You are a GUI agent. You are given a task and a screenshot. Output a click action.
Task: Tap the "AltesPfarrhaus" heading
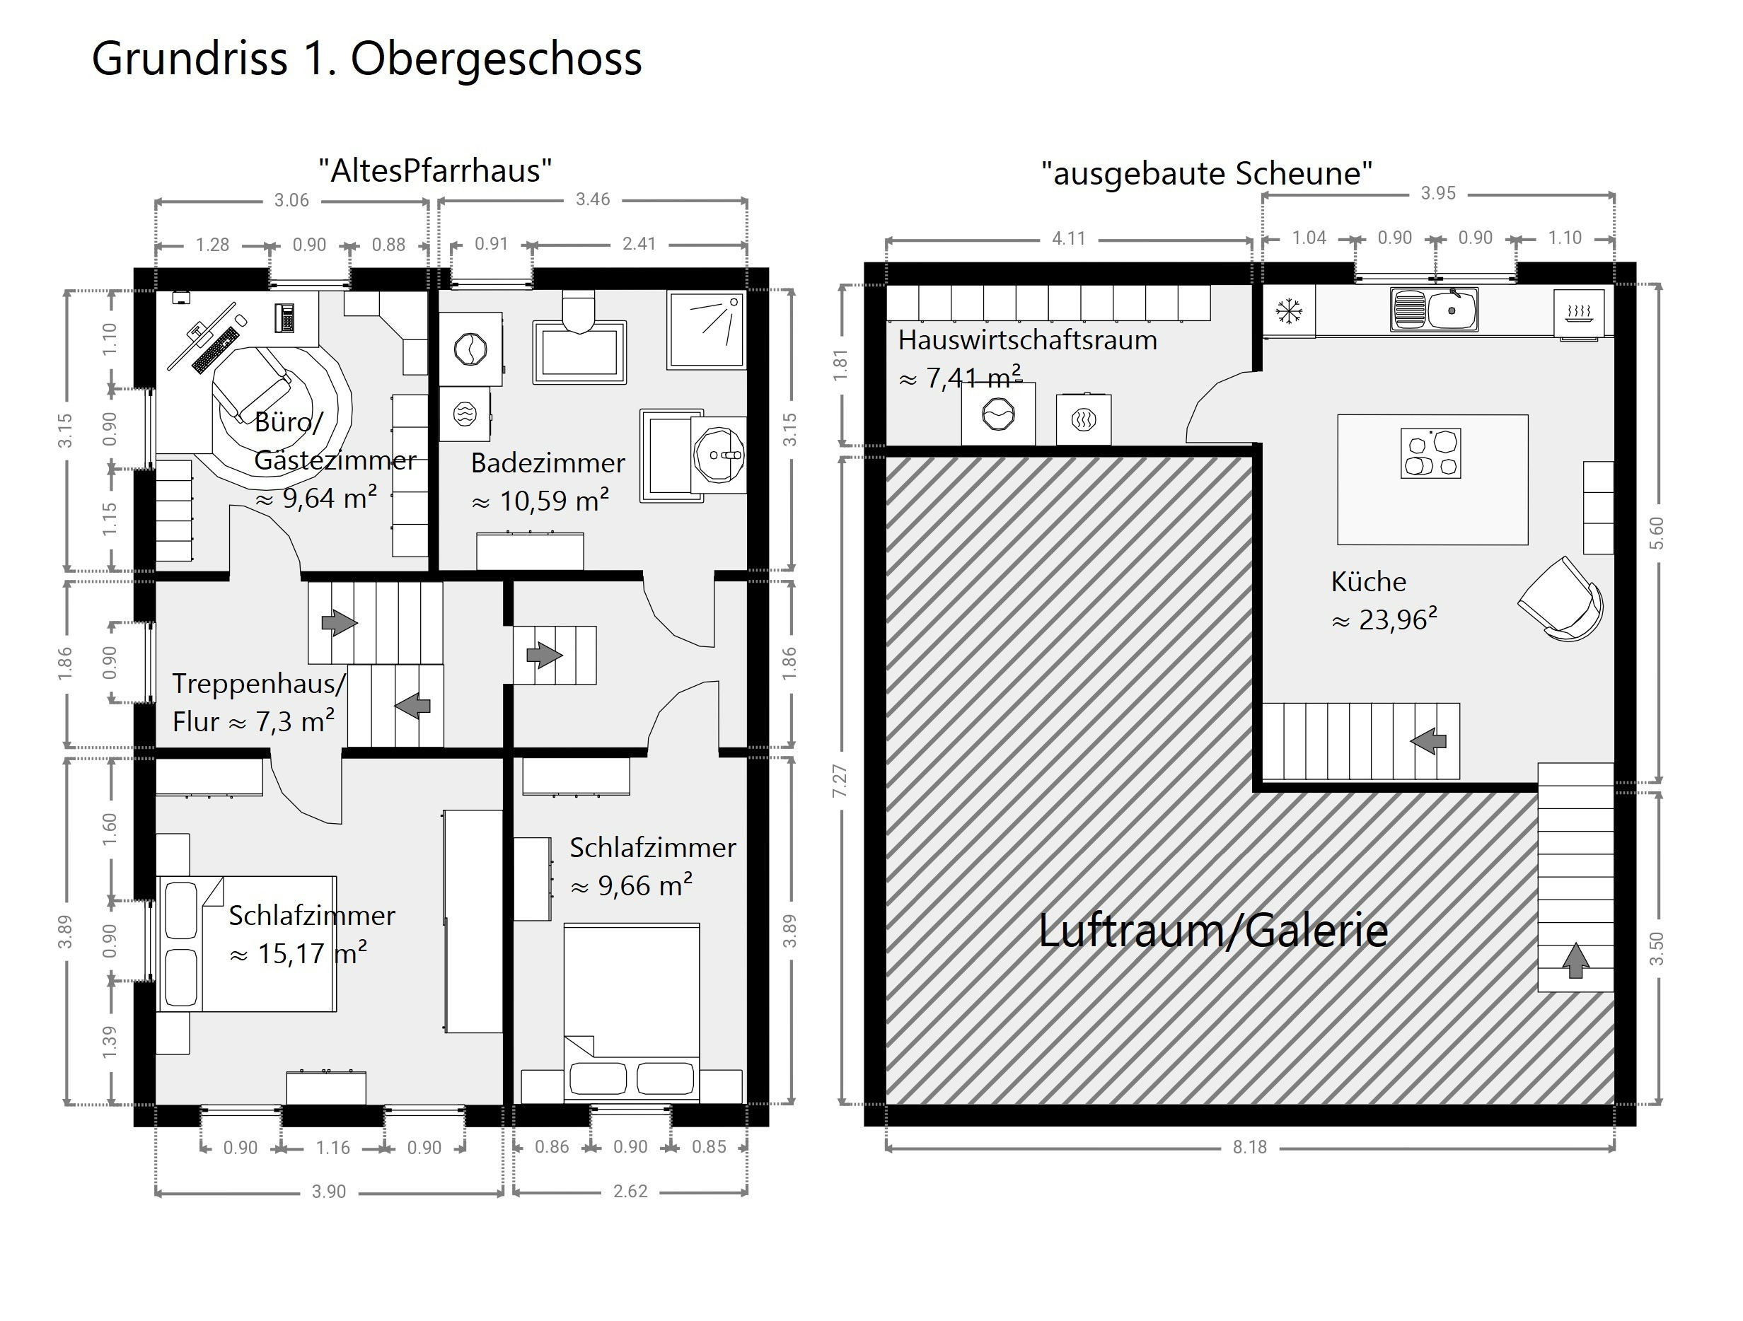point(435,170)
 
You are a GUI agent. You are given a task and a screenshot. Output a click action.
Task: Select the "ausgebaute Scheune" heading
point(1206,173)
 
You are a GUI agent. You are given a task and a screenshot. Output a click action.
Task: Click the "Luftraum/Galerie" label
point(1212,931)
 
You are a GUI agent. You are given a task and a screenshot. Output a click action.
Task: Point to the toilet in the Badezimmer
point(579,312)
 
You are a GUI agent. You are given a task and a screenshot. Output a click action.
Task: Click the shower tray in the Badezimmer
point(706,330)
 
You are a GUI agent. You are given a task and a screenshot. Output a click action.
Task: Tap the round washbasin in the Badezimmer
point(719,455)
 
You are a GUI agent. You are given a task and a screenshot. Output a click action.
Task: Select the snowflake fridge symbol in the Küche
point(1288,311)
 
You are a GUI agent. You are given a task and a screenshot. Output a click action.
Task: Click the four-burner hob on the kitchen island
point(1430,453)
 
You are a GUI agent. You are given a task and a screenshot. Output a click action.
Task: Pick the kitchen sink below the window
point(1434,310)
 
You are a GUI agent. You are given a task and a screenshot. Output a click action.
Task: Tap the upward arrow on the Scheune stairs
point(1575,960)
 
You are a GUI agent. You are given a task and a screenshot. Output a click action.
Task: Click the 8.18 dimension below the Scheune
point(1250,1147)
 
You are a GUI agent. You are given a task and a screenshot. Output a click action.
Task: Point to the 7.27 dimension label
point(840,780)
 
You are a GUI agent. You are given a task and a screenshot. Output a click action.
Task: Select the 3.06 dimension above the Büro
point(291,200)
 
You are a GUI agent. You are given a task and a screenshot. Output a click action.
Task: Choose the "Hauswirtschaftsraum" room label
point(1028,340)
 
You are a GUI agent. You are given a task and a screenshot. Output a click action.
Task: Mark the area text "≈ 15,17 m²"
point(298,953)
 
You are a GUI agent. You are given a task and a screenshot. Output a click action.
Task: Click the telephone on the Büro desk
point(284,318)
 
